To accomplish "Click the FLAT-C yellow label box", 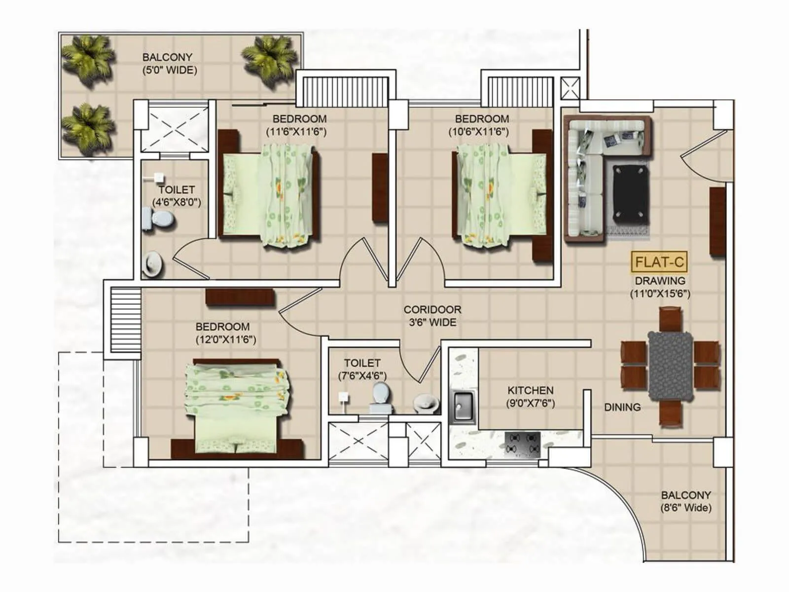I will coord(659,262).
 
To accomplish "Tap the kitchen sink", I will coord(463,406).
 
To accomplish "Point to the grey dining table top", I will coord(670,365).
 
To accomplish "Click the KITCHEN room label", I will coord(530,390).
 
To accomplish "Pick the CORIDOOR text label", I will coord(432,310).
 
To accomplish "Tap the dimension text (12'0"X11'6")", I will coord(226,339).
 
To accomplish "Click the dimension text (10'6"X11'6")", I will coord(478,132).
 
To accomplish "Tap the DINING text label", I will coord(622,407).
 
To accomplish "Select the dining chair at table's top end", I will coord(670,319).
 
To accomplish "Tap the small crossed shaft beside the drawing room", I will coord(571,89).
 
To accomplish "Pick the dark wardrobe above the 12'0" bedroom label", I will coord(240,297).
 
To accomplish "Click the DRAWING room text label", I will coord(660,281).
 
